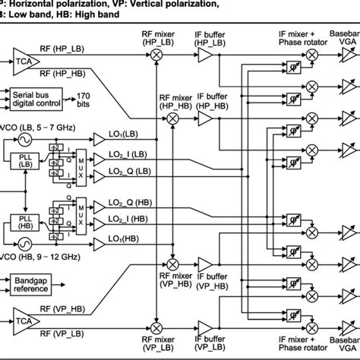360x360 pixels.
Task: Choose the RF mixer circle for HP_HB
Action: [172, 119]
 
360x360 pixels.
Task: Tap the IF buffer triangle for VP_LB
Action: [205, 326]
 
